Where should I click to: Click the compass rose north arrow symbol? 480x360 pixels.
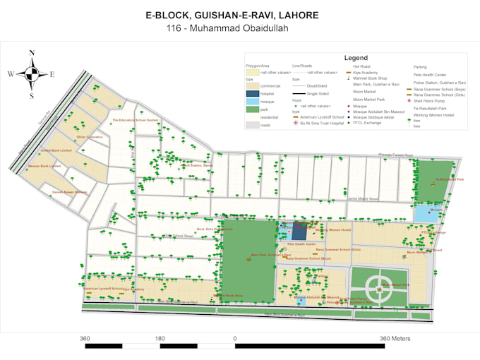tap(32, 73)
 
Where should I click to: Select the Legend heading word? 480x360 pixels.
tap(356, 58)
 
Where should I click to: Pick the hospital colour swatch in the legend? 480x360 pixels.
tap(252, 93)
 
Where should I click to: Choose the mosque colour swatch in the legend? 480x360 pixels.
tap(252, 101)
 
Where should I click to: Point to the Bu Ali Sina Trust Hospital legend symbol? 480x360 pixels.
tap(295, 123)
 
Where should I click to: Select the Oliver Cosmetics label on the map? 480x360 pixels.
tap(90, 136)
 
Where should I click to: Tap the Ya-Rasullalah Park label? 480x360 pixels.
tap(449, 179)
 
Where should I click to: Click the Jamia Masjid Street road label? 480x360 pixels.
tap(364, 200)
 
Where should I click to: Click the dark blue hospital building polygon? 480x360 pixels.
tap(300, 232)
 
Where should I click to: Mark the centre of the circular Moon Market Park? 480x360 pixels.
tap(380, 286)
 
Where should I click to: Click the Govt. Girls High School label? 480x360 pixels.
tap(214, 229)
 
